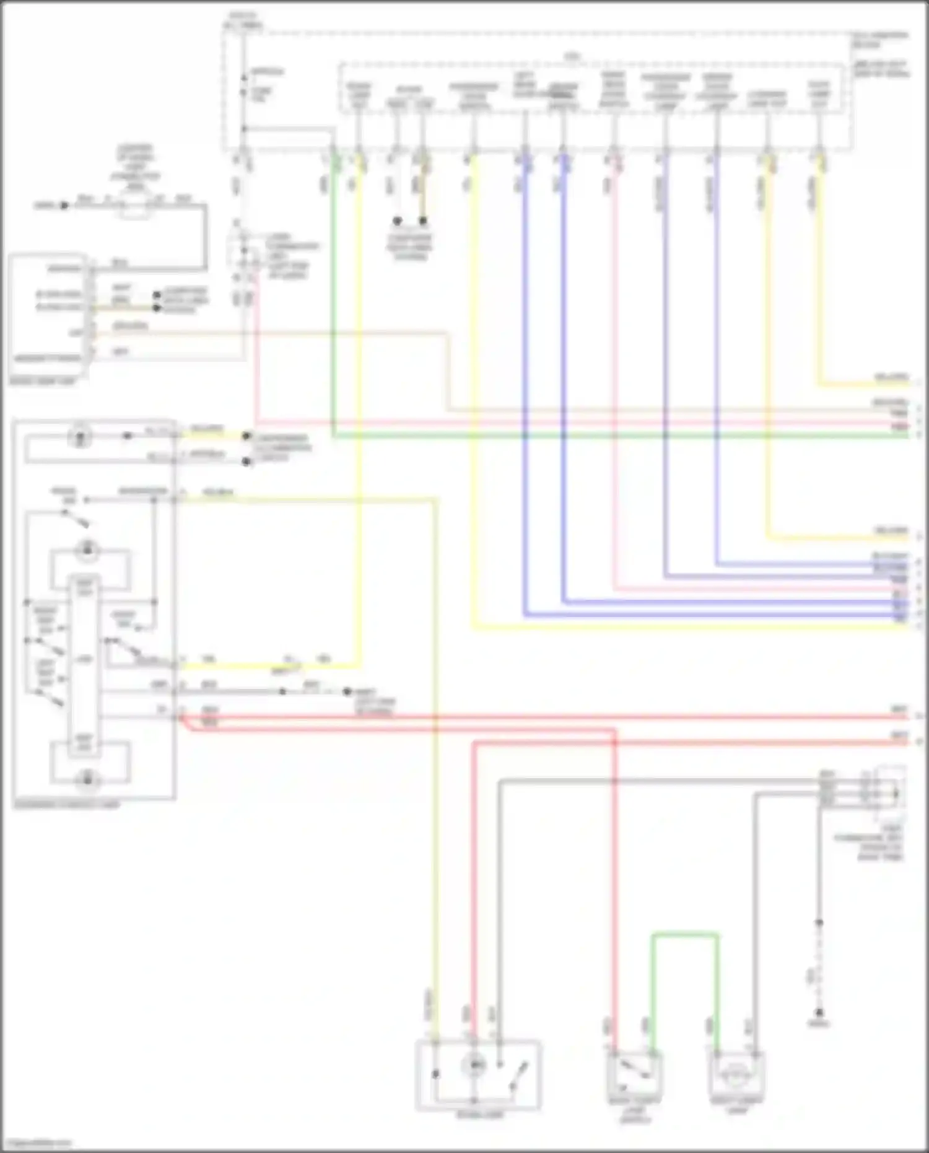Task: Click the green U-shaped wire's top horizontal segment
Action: (684, 934)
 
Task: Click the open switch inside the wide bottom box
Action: (517, 1075)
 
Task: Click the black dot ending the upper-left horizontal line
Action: (64, 205)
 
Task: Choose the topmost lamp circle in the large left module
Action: (80, 436)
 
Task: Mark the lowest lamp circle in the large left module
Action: (87, 779)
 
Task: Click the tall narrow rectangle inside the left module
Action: (84, 663)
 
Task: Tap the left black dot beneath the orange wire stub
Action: (398, 221)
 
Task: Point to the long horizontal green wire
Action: (619, 436)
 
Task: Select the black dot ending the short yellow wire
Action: (246, 436)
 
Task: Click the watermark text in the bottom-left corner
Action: (37, 1143)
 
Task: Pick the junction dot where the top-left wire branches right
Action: (244, 129)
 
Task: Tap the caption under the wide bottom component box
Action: (480, 1116)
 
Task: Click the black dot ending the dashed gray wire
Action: (347, 691)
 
